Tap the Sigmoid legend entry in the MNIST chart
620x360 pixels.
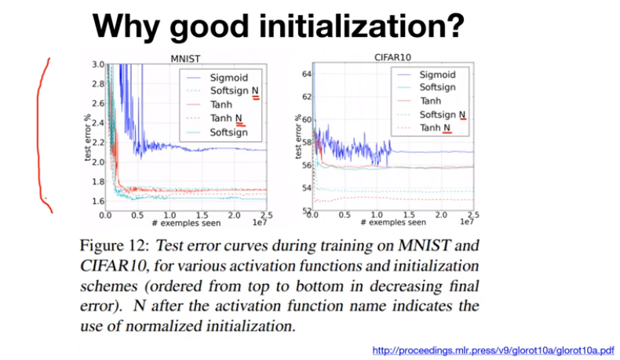coord(228,78)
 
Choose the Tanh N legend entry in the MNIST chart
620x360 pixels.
coord(227,118)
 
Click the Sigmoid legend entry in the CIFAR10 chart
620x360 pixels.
coord(436,75)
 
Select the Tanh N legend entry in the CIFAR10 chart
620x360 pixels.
coord(436,128)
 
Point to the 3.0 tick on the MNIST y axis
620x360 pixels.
coord(97,64)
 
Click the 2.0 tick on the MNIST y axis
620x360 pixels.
coord(97,162)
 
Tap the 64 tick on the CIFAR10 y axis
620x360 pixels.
coord(307,73)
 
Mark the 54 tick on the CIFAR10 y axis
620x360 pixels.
coord(307,188)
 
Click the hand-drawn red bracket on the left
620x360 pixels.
coord(42,133)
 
